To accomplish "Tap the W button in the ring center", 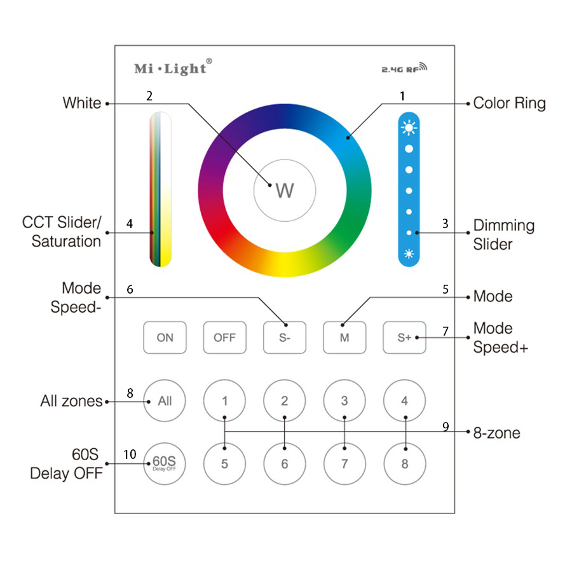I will tap(284, 190).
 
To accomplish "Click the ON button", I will tap(165, 337).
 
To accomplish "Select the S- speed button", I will tap(284, 337).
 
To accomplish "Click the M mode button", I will tap(344, 337).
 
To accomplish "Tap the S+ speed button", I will tap(404, 337).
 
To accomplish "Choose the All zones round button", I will tap(165, 401).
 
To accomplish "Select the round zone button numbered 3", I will tap(344, 401).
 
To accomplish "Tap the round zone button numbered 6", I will tap(284, 463).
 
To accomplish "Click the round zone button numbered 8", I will tap(404, 463).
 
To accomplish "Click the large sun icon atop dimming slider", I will tap(409, 127).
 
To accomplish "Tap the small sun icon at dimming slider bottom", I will tap(409, 254).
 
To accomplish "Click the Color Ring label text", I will tap(509, 104).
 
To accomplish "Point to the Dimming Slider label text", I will tap(503, 235).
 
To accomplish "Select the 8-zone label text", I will tap(496, 433).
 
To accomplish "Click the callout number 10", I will tap(130, 454).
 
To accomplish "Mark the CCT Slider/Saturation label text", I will tap(62, 232).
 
